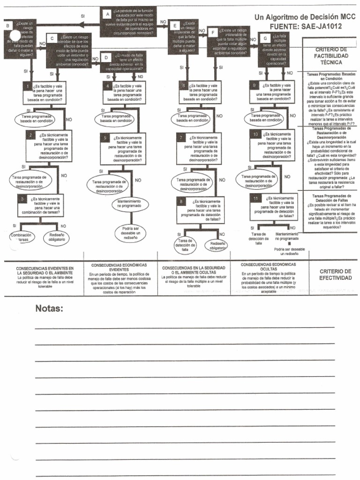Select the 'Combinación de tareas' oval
point(21,237)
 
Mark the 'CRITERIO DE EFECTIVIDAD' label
point(335,274)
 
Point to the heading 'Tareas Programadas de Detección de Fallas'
point(331,197)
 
